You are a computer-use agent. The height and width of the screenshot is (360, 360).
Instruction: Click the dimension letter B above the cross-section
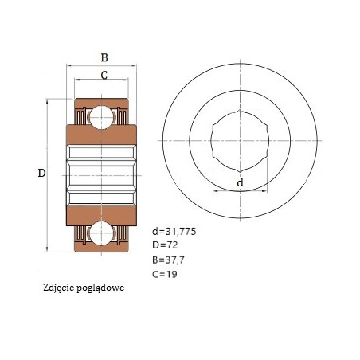pos(104,57)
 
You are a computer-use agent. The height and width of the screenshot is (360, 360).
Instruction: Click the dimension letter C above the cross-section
pos(104,75)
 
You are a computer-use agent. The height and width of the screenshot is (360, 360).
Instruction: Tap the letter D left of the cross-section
pos(41,173)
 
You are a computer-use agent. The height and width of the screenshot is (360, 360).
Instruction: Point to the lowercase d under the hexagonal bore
pos(240,182)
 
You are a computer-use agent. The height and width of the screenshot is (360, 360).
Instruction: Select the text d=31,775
pos(174,232)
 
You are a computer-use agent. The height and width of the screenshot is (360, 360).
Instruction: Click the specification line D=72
pos(165,245)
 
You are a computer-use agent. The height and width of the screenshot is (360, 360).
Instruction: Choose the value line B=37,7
pos(168,260)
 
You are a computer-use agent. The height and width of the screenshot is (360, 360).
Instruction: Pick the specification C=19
pos(165,274)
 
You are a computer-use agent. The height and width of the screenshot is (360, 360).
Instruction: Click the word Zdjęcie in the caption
pos(58,288)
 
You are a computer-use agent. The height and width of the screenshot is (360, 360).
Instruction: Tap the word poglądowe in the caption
pos(100,288)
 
